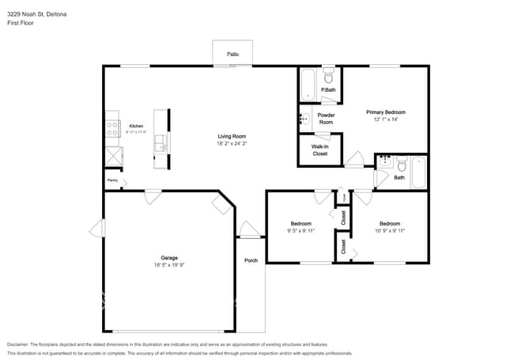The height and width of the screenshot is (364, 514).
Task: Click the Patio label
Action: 233,54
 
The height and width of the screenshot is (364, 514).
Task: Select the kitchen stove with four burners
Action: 113,127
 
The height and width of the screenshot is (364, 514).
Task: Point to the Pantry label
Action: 112,180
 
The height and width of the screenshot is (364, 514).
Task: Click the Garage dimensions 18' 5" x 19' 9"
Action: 169,267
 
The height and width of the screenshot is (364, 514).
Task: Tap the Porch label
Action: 251,260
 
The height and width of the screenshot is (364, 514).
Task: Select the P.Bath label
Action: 327,91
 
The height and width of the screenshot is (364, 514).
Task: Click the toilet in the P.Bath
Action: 329,78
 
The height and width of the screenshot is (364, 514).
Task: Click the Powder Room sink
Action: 304,119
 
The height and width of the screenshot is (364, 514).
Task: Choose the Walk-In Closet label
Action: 319,150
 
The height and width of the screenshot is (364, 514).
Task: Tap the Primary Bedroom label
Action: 385,116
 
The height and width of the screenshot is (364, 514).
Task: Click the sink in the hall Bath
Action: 384,164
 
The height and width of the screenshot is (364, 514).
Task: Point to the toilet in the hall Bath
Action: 401,165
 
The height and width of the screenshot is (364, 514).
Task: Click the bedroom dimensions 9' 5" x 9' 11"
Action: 300,232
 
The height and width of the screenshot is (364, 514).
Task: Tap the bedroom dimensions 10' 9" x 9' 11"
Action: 390,232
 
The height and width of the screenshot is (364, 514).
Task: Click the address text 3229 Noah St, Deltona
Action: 36,12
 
